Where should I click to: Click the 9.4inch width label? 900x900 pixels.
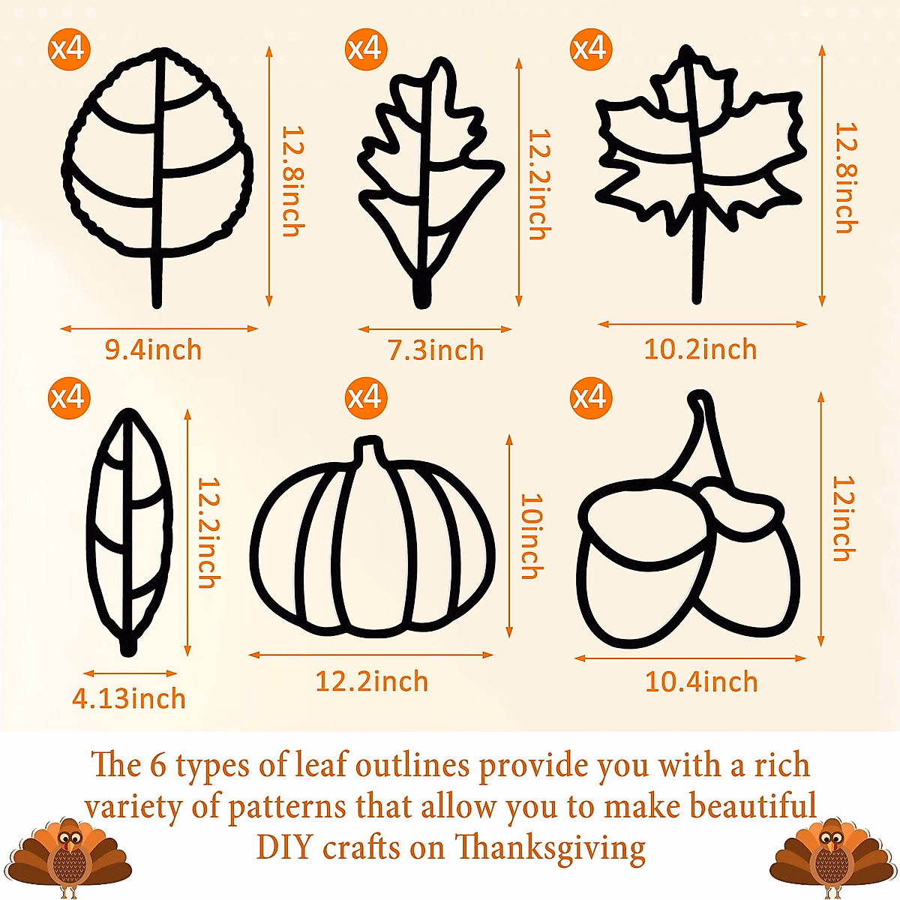153,349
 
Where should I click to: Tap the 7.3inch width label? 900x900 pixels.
435,350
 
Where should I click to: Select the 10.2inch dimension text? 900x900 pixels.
700,349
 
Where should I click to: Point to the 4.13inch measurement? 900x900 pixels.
129,698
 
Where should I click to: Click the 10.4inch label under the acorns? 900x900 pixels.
701,682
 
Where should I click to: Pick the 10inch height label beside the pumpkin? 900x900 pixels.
531,536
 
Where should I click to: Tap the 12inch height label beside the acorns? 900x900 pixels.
844,518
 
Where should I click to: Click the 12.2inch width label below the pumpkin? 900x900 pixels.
371,682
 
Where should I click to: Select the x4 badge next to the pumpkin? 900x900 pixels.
365,397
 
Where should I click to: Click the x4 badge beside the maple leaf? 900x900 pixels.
590,49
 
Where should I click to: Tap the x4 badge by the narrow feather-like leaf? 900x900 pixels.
68,397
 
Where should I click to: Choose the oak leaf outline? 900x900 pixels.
427,180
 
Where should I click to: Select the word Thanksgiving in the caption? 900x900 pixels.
550,847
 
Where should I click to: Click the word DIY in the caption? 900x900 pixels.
284,847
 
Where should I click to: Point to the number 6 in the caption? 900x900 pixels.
157,766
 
